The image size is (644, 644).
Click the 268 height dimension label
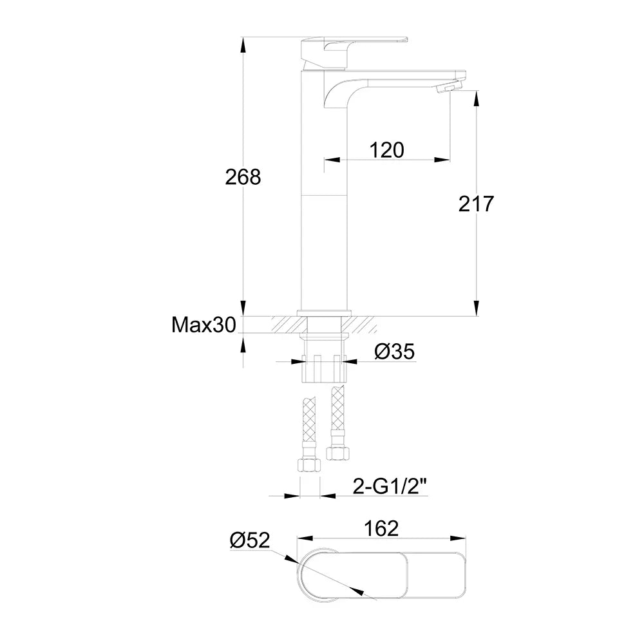pos(243,177)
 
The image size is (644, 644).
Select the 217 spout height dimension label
pos(476,204)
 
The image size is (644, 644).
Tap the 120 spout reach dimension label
pos(386,150)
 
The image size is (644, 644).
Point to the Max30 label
pos(204,325)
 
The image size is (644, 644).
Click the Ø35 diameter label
pos(394,352)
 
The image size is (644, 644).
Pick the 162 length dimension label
pos(381,529)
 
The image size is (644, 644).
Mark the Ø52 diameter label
pos(250,540)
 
